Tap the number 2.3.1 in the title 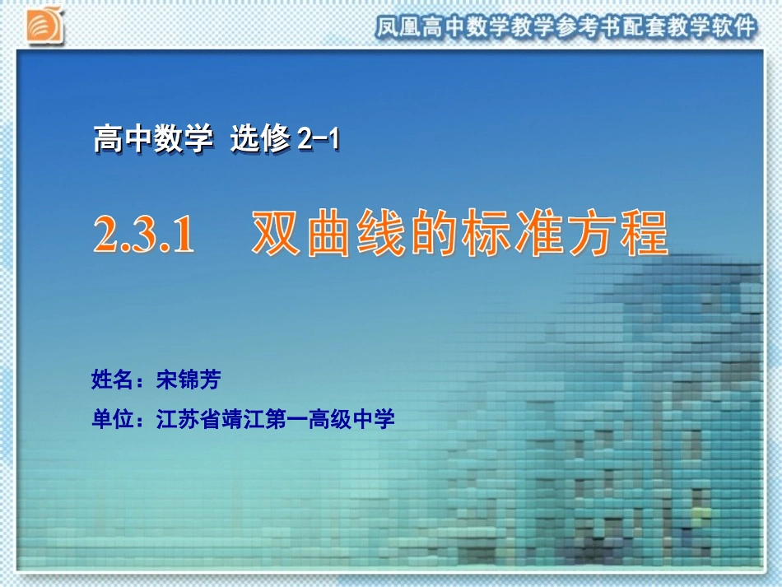tap(144, 235)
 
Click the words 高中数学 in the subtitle tap(152, 138)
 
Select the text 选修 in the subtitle tap(259, 138)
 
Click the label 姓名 tap(112, 380)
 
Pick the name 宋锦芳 tap(189, 380)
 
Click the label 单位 tap(112, 420)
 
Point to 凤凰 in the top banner tap(398, 28)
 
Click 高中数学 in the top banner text tap(464, 28)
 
